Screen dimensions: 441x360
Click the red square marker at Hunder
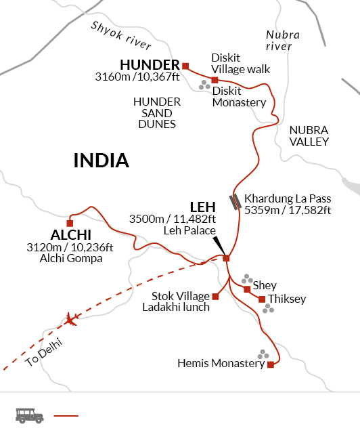click(185, 66)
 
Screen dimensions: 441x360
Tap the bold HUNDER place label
click(150, 65)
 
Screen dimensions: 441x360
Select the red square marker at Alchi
click(70, 223)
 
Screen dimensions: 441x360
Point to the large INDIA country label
click(101, 161)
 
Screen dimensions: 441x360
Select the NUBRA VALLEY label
click(309, 135)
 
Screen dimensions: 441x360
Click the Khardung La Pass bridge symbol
click(234, 201)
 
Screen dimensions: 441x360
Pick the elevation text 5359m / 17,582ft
click(288, 211)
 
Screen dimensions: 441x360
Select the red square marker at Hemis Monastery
click(271, 364)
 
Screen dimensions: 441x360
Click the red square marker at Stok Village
click(215, 296)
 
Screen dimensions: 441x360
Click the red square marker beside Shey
click(247, 289)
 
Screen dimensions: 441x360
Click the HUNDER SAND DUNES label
click(156, 112)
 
